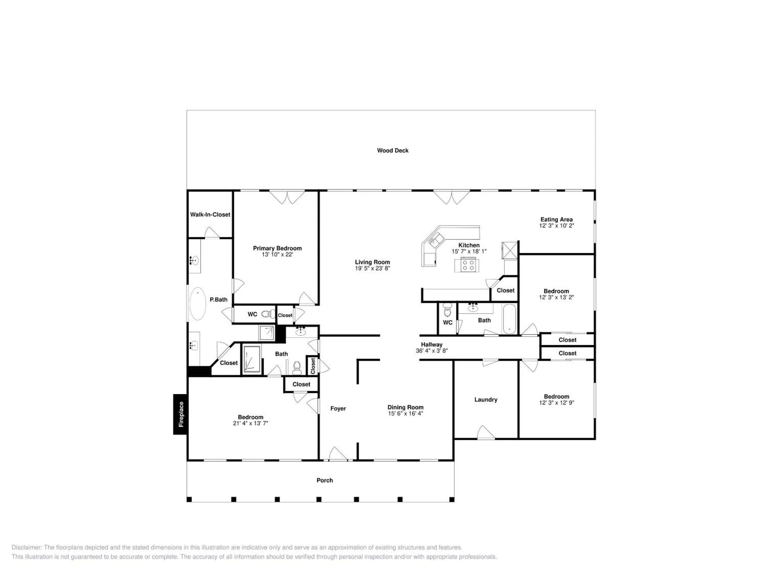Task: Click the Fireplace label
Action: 181,414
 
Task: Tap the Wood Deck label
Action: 393,150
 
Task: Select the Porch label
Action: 325,480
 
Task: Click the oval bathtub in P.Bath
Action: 198,303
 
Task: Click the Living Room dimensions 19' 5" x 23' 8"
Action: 372,268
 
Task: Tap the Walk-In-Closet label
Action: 210,215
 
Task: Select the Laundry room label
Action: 486,400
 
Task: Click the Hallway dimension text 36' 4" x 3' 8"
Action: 432,350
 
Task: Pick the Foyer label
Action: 338,408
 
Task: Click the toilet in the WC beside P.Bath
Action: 268,314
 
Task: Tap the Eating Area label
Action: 557,219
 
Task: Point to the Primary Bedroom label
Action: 278,248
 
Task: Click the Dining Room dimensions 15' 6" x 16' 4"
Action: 405,413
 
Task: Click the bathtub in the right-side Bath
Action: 509,319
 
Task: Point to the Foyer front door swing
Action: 338,454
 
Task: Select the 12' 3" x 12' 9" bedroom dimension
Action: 557,402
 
